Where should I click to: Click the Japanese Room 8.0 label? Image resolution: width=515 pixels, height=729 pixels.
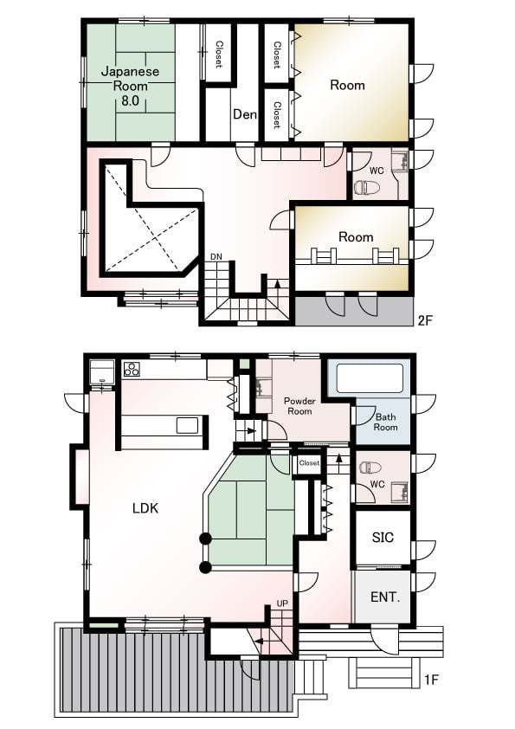(130, 86)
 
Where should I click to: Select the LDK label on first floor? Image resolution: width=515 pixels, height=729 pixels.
(145, 508)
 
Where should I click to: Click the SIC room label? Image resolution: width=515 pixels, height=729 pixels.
(383, 538)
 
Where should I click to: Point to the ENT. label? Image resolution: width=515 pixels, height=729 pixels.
(384, 597)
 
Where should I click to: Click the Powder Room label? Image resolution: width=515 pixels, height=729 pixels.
(299, 406)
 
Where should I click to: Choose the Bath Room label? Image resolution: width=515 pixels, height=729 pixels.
(385, 422)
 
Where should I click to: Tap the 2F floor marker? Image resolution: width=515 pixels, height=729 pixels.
(425, 319)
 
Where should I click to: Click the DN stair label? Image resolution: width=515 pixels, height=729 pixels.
(216, 257)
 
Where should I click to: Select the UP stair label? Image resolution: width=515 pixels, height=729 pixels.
(282, 603)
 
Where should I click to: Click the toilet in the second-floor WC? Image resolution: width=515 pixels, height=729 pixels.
(364, 187)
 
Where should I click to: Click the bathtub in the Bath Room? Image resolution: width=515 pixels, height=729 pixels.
(369, 378)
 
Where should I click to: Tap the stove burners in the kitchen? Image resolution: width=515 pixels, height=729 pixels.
(132, 369)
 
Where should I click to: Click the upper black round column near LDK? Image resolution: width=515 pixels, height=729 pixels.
(206, 539)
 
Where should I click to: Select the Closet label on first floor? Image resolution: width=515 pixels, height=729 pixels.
(309, 463)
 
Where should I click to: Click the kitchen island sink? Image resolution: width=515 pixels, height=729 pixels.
(187, 425)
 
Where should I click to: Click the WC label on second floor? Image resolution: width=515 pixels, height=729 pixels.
(376, 170)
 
